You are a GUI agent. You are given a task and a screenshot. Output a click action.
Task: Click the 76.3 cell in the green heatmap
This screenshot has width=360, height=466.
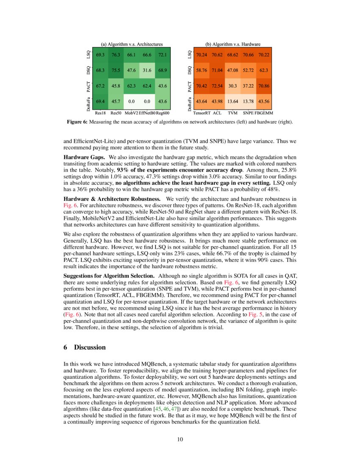coord(116,55)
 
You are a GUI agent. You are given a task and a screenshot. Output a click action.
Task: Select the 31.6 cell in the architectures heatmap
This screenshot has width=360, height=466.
coord(147,70)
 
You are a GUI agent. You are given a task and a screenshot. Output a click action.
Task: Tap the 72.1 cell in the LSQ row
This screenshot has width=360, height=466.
coord(162,55)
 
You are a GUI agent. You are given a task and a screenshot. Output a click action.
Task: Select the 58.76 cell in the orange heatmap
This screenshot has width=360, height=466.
coord(201,70)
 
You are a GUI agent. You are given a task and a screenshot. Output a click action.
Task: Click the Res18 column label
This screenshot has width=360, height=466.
coord(100,113)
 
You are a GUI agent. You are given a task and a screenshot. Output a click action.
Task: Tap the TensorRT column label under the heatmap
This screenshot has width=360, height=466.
coord(201,113)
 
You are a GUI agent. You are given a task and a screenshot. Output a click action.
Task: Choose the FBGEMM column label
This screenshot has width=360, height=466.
coord(264,113)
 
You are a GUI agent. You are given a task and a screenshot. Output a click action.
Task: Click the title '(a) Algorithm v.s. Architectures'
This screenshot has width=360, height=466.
coord(131,44)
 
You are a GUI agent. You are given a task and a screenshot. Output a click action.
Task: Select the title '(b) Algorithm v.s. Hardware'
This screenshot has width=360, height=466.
coord(233,44)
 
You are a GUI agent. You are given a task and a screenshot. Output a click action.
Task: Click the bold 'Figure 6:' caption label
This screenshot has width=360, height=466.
coord(78,122)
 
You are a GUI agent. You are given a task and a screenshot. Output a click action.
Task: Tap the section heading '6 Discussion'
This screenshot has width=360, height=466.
coord(84,347)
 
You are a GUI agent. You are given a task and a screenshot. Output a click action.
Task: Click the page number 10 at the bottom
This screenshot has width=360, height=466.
coord(180,439)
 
